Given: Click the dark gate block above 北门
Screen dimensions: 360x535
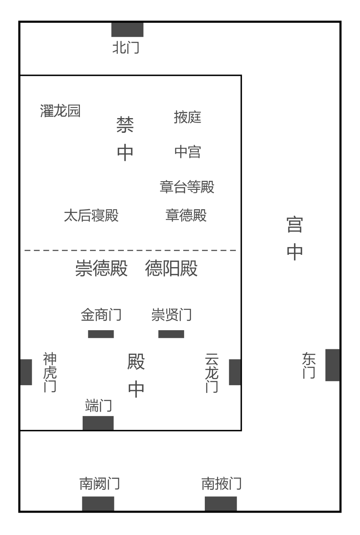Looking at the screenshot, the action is point(127,30).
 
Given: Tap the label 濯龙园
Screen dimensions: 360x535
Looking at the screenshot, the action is point(60,111).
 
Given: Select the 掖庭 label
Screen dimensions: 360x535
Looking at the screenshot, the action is point(187,117).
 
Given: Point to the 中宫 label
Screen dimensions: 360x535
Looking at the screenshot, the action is point(187,152).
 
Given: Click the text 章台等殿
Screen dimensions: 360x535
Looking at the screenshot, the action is point(187,186).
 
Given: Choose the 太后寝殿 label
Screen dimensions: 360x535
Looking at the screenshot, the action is point(91,215).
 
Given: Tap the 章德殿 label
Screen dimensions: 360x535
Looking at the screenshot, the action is point(186,215).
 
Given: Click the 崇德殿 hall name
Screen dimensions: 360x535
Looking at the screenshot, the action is point(101,268).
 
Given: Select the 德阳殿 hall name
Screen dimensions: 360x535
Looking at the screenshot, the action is point(171,268).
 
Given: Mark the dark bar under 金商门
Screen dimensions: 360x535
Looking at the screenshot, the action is point(101,334).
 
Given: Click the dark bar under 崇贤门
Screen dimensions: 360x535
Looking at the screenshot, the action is point(171,334).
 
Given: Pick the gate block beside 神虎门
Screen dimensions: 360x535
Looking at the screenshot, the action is point(26,372).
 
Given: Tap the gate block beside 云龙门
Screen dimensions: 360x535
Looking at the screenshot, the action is point(235,372).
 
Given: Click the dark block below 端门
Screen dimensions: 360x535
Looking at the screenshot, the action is point(98,423).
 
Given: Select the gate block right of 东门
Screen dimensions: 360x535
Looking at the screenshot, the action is point(332,365).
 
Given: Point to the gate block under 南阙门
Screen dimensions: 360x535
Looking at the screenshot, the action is point(98,504).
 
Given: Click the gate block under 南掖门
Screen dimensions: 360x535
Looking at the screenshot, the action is point(221,504).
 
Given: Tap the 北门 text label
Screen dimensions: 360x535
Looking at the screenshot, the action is point(126,47).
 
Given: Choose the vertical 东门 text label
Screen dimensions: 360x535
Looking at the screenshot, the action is point(309,366).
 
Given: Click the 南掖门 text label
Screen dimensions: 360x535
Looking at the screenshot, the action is point(222,484).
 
